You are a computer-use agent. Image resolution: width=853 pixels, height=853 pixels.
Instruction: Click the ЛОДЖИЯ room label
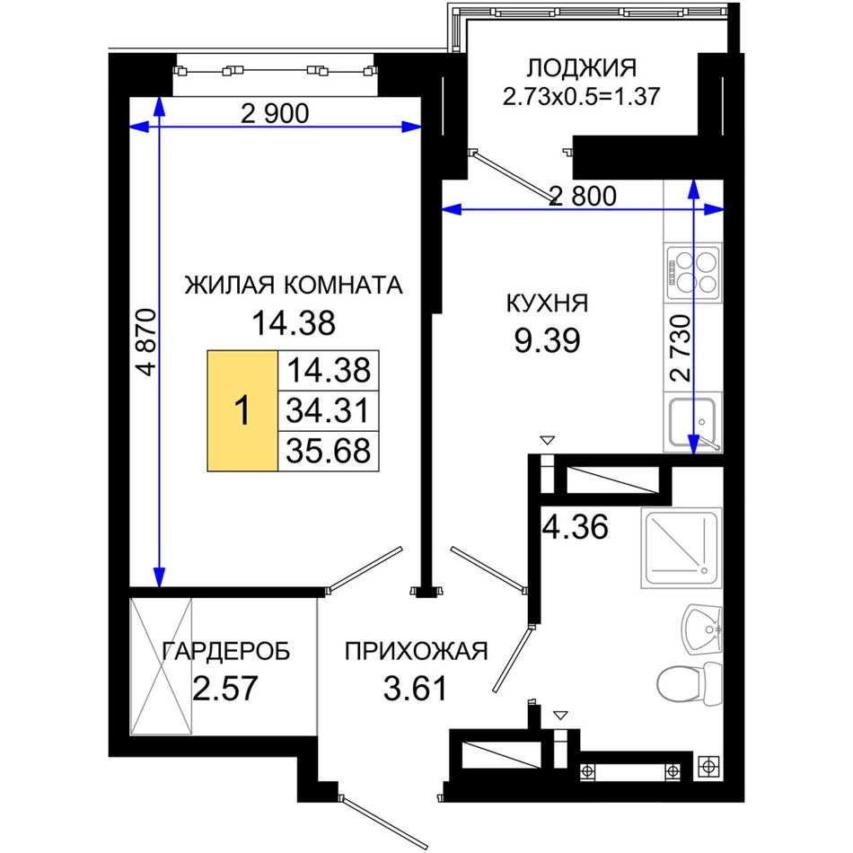[581, 68]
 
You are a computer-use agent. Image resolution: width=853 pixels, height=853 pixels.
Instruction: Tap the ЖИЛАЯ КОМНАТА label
[294, 285]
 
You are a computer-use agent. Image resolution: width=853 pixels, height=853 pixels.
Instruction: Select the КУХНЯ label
[548, 303]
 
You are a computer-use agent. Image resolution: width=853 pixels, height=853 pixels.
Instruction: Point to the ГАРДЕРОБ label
[226, 651]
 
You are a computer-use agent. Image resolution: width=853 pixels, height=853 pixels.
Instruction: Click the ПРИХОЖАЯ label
[416, 651]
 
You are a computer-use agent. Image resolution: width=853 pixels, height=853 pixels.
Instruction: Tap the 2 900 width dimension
[275, 113]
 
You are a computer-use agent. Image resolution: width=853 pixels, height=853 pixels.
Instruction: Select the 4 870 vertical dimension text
[147, 343]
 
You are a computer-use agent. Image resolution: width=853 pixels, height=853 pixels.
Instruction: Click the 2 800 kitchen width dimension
[583, 196]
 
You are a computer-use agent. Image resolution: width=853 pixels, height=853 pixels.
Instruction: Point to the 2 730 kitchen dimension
[682, 348]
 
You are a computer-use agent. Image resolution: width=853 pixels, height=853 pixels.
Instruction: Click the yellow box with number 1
[242, 410]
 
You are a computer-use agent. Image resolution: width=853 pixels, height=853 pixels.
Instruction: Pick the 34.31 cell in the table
[328, 410]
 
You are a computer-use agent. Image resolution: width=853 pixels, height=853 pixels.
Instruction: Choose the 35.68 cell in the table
[328, 451]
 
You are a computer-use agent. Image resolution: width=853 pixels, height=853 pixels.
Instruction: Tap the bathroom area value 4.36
[576, 526]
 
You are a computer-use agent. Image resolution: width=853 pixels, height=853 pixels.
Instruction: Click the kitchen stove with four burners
[693, 272]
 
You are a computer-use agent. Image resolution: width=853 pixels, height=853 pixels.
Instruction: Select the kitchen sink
[693, 423]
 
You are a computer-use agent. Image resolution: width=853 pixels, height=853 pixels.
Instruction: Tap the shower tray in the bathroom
[682, 548]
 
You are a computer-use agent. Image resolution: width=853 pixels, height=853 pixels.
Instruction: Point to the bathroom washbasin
[702, 629]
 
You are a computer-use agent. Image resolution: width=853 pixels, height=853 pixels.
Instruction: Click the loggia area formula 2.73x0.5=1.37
[581, 97]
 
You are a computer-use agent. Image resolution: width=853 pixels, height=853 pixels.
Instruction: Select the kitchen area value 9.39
[548, 340]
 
